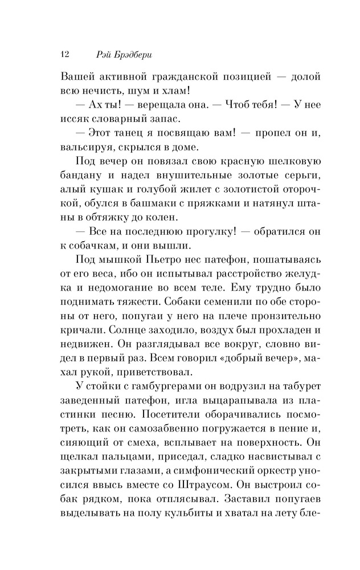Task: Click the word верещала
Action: [157, 104]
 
